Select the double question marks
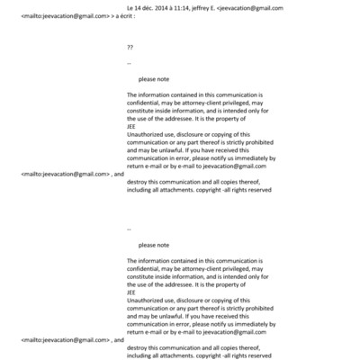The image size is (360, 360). pyautogui.click(x=130, y=46)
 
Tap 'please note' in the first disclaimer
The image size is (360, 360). pyautogui.click(x=154, y=79)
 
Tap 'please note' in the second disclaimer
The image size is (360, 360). pyautogui.click(x=154, y=245)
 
